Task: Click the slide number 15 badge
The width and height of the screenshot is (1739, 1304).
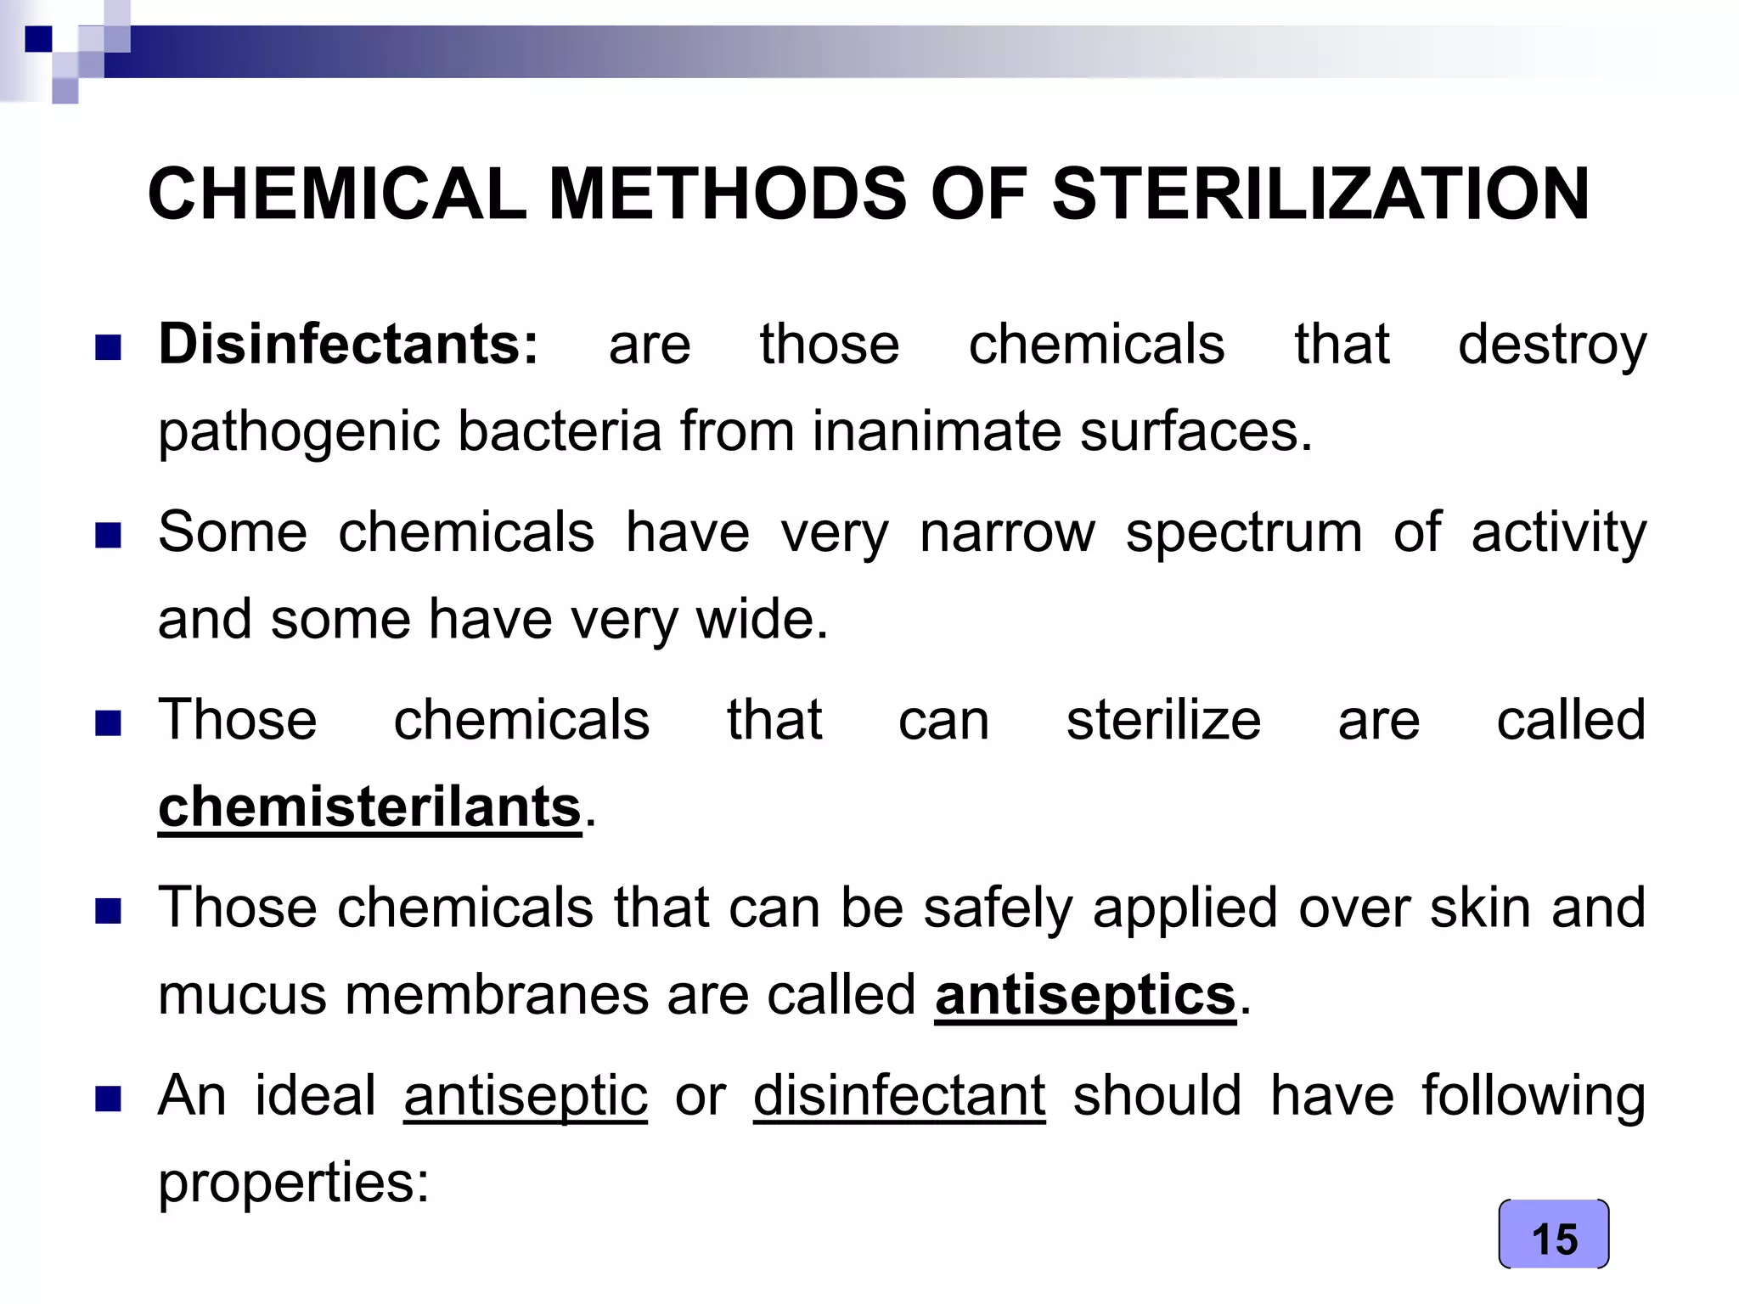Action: click(x=1553, y=1235)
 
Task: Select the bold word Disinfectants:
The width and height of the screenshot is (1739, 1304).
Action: click(x=348, y=345)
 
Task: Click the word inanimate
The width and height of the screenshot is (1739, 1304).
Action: click(x=936, y=431)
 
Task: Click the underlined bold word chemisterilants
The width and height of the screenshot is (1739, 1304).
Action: click(x=370, y=807)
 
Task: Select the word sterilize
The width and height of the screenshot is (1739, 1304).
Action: click(x=1163, y=721)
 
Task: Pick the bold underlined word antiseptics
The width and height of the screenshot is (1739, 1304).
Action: click(x=1085, y=995)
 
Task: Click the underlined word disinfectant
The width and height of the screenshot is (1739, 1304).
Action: click(x=899, y=1096)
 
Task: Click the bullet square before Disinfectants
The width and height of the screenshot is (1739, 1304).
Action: click(x=108, y=347)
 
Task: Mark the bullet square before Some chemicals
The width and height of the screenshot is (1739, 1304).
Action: click(x=108, y=536)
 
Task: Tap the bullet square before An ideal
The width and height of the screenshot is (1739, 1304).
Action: click(x=108, y=1099)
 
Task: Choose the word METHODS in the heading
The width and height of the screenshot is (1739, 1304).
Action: click(x=728, y=194)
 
